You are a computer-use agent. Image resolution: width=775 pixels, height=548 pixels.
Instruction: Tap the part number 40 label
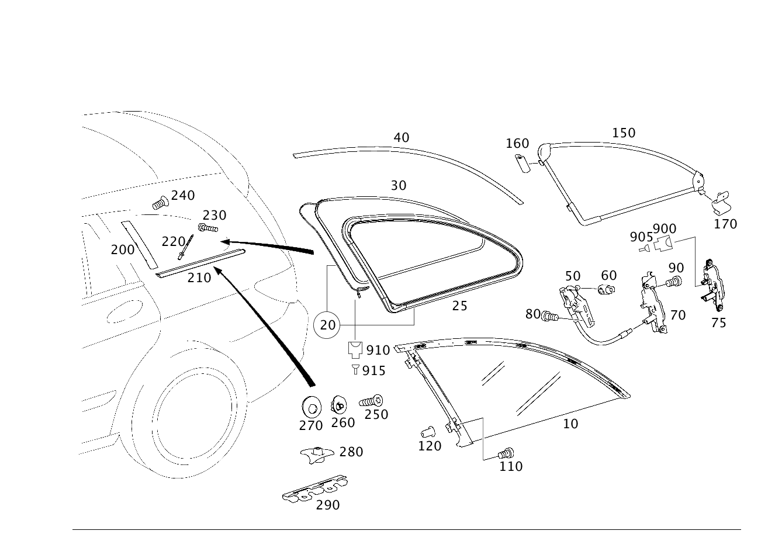pyautogui.click(x=402, y=138)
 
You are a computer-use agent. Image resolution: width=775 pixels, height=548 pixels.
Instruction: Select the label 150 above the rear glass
pyautogui.click(x=624, y=133)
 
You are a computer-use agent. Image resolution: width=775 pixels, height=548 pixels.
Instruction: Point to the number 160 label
pyautogui.click(x=517, y=143)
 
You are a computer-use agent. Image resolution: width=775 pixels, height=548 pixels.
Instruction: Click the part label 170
pyautogui.click(x=725, y=223)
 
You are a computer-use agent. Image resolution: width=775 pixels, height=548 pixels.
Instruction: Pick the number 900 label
pyautogui.click(x=665, y=229)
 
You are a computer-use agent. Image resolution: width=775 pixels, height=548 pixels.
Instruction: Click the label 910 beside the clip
pyautogui.click(x=378, y=350)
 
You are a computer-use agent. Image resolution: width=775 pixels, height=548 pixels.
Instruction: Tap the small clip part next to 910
pyautogui.click(x=355, y=349)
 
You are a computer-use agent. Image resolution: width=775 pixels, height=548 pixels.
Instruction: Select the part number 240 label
pyautogui.click(x=183, y=196)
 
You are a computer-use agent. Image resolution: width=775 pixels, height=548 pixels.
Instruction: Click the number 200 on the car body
pyautogui.click(x=123, y=250)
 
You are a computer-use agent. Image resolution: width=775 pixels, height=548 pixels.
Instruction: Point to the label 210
pyautogui.click(x=199, y=278)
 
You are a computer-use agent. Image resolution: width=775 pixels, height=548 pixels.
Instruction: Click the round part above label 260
pyautogui.click(x=338, y=404)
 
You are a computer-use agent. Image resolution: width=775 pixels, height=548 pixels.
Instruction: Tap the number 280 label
pyautogui.click(x=351, y=452)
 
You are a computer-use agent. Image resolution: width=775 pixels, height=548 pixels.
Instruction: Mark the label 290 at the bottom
pyautogui.click(x=327, y=505)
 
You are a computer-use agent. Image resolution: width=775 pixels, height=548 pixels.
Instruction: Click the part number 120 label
pyautogui.click(x=430, y=446)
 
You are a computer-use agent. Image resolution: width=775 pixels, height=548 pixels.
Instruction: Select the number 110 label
pyautogui.click(x=511, y=466)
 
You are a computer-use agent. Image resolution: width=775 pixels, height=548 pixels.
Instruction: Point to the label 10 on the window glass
pyautogui.click(x=571, y=424)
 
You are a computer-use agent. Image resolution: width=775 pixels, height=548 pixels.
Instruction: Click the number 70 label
pyautogui.click(x=677, y=315)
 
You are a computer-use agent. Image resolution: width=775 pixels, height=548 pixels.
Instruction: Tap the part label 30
pyautogui.click(x=398, y=186)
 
